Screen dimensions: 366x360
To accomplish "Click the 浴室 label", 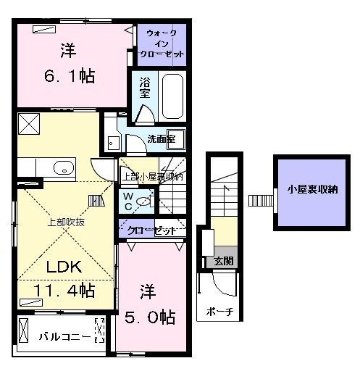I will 144,88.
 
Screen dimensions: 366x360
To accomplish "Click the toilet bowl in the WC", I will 146,202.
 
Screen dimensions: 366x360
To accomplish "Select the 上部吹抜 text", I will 66,222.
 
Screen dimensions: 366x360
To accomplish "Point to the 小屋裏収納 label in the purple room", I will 311,190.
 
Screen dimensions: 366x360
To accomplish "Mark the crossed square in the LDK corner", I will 28,124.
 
